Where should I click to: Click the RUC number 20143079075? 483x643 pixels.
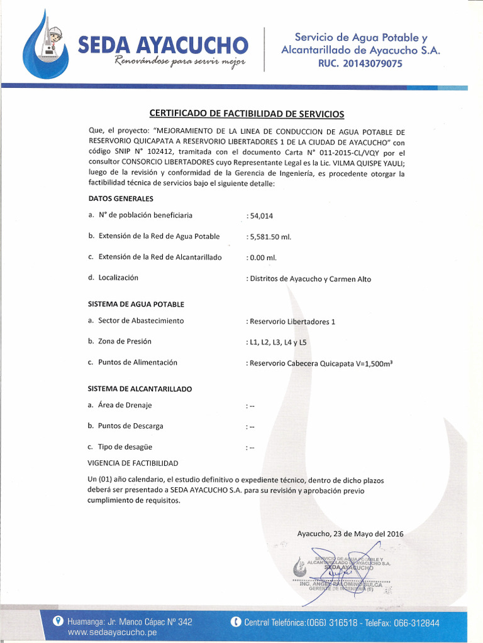point(360,63)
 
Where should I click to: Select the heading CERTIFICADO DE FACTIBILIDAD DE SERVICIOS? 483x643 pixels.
point(247,114)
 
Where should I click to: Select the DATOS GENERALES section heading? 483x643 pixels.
point(121,198)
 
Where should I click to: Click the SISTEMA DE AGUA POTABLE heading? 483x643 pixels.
point(136,304)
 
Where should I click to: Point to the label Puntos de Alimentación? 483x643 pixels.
point(137,362)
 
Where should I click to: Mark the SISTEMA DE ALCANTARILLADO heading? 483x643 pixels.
point(140,389)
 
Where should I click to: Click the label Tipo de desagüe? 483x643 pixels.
point(125,447)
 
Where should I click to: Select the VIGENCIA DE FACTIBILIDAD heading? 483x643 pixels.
point(133,463)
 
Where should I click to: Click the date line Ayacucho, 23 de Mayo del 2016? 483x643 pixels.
point(350,534)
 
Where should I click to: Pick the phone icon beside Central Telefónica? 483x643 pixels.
point(236,622)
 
